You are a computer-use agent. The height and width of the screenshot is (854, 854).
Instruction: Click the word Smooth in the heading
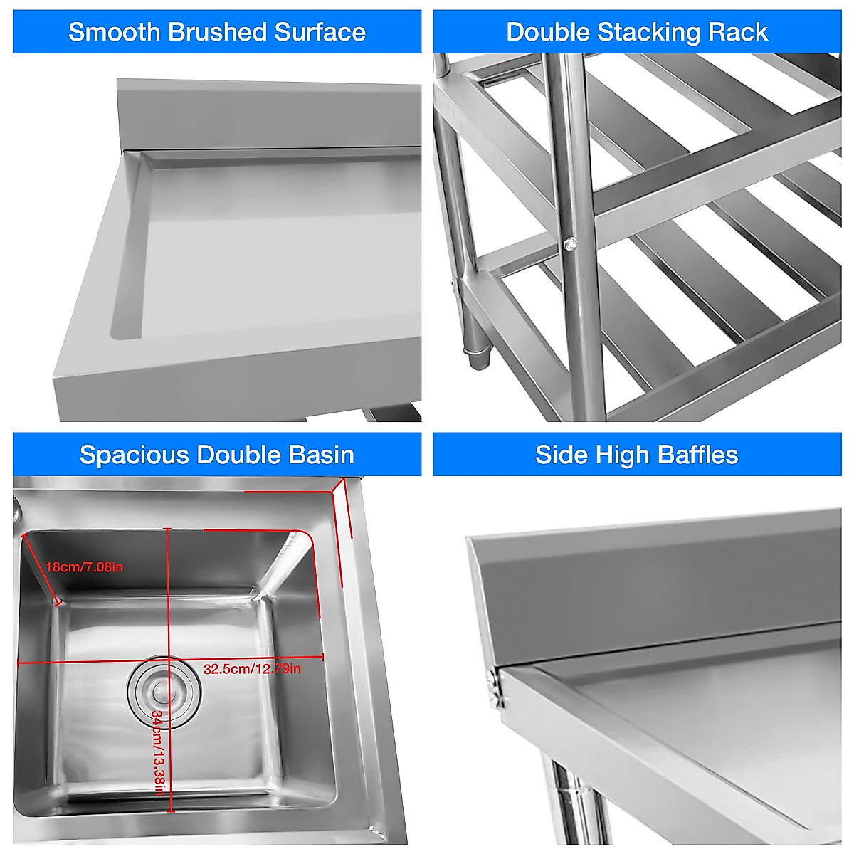(x=114, y=32)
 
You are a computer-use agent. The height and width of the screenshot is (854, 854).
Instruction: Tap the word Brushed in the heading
(x=217, y=32)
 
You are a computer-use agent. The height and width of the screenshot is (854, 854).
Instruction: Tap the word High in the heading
(x=626, y=455)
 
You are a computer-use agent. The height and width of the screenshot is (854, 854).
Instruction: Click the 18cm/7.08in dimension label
(x=84, y=567)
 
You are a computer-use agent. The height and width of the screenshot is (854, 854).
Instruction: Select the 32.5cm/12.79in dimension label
(x=252, y=669)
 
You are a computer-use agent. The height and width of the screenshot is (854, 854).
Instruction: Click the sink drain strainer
(x=164, y=688)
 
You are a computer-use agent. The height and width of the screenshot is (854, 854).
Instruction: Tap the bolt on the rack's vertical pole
(x=569, y=245)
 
